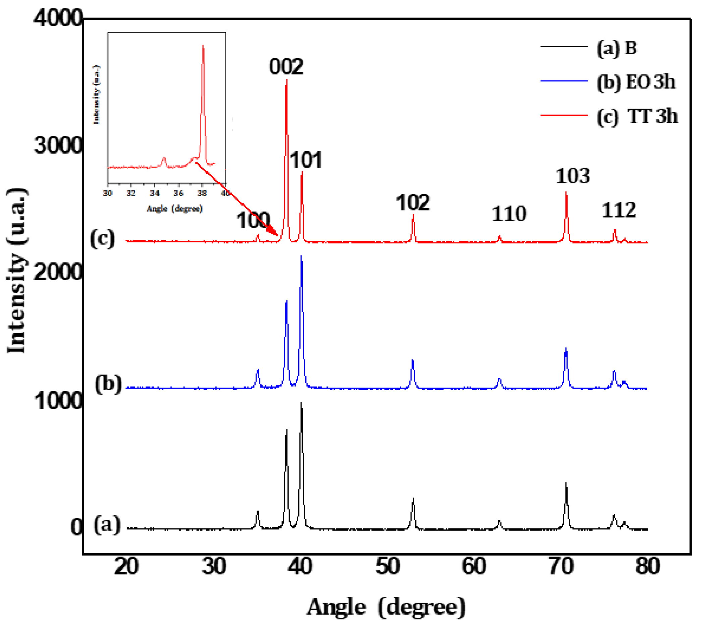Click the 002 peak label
[x=286, y=66]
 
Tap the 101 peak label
[x=306, y=160]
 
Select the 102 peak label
[x=412, y=203]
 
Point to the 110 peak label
[x=509, y=214]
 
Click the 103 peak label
[x=573, y=176]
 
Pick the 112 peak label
[x=618, y=210]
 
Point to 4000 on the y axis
[x=58, y=18]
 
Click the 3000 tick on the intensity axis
[x=58, y=145]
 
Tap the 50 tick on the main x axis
[x=388, y=567]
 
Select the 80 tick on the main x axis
[x=647, y=567]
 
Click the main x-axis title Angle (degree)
[x=386, y=607]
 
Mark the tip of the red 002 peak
[x=286, y=80]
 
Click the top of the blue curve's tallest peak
[x=301, y=256]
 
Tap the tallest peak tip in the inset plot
[x=203, y=45]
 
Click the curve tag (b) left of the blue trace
[x=108, y=384]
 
